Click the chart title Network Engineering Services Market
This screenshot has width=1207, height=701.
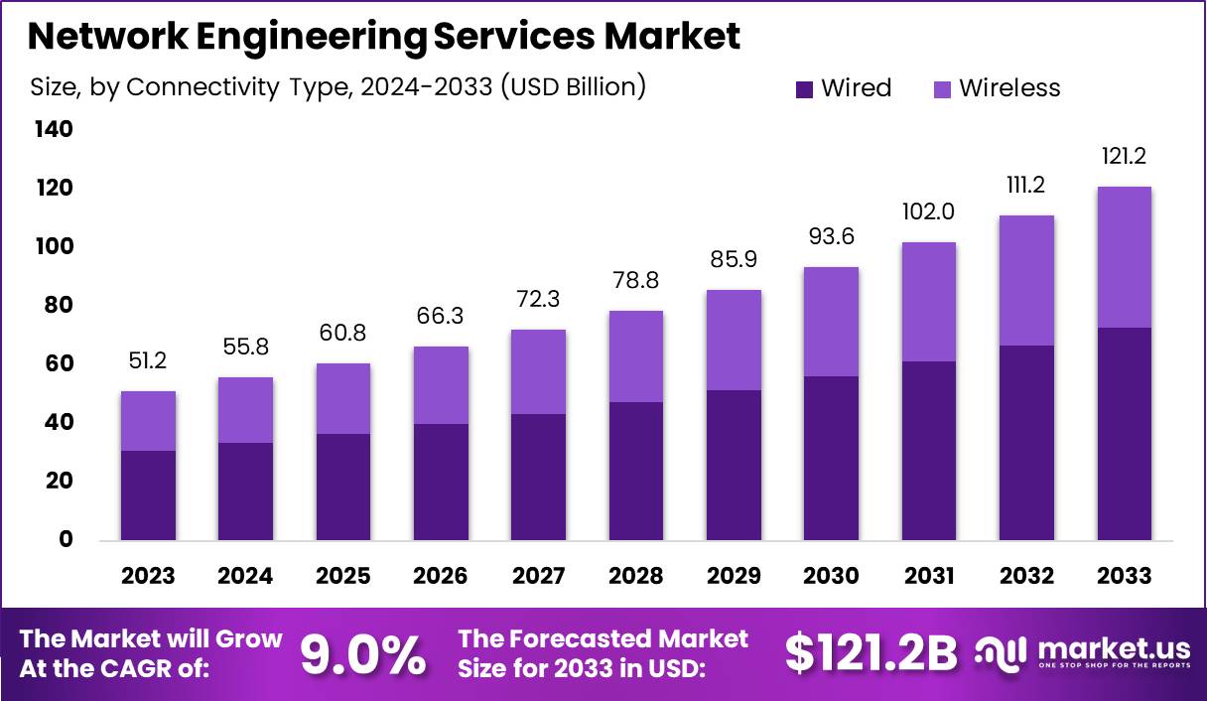pos(383,37)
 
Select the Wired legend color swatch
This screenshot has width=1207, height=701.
pos(805,89)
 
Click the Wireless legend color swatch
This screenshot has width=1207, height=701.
pos(942,89)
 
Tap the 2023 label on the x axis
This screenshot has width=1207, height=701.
pos(148,577)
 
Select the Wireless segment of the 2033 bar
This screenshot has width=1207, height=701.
pos(1124,257)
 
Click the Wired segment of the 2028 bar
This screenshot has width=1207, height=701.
pos(635,471)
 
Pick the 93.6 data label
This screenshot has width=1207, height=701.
pos(831,236)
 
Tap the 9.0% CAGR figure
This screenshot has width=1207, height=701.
pos(363,654)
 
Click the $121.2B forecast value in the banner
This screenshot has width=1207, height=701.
pos(871,652)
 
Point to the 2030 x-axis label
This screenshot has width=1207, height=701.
pos(831,577)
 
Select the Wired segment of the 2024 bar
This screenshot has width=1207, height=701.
pos(245,491)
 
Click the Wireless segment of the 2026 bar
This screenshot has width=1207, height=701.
pos(441,385)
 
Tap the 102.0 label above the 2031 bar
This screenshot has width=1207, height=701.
pos(929,212)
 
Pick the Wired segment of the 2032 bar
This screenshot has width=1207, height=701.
pos(1026,443)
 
